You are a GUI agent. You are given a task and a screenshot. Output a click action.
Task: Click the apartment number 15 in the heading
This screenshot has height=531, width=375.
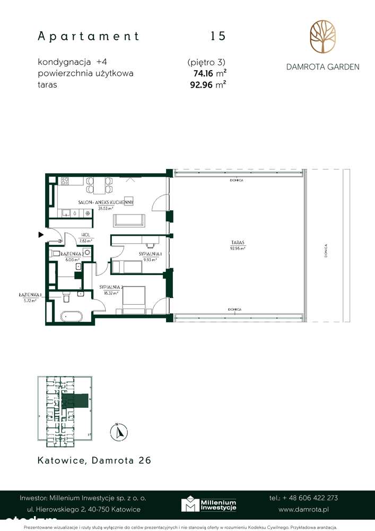point(217,36)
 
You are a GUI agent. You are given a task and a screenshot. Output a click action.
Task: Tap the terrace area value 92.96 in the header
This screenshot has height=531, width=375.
point(201,83)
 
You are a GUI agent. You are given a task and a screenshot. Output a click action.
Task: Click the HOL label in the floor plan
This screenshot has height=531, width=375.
point(85,236)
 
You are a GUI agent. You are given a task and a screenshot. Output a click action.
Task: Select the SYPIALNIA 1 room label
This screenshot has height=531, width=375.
point(150,254)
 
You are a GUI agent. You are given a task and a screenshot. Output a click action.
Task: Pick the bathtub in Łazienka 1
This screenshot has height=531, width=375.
point(71,316)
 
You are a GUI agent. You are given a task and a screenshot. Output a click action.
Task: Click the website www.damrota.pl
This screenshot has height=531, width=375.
point(308,509)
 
